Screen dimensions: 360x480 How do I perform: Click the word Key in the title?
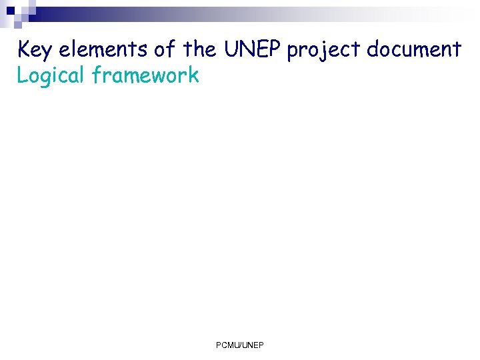point(35,49)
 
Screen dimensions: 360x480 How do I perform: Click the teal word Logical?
point(51,76)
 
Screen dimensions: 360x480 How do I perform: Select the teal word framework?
point(146,75)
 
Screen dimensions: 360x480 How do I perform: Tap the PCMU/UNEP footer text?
point(240,345)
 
